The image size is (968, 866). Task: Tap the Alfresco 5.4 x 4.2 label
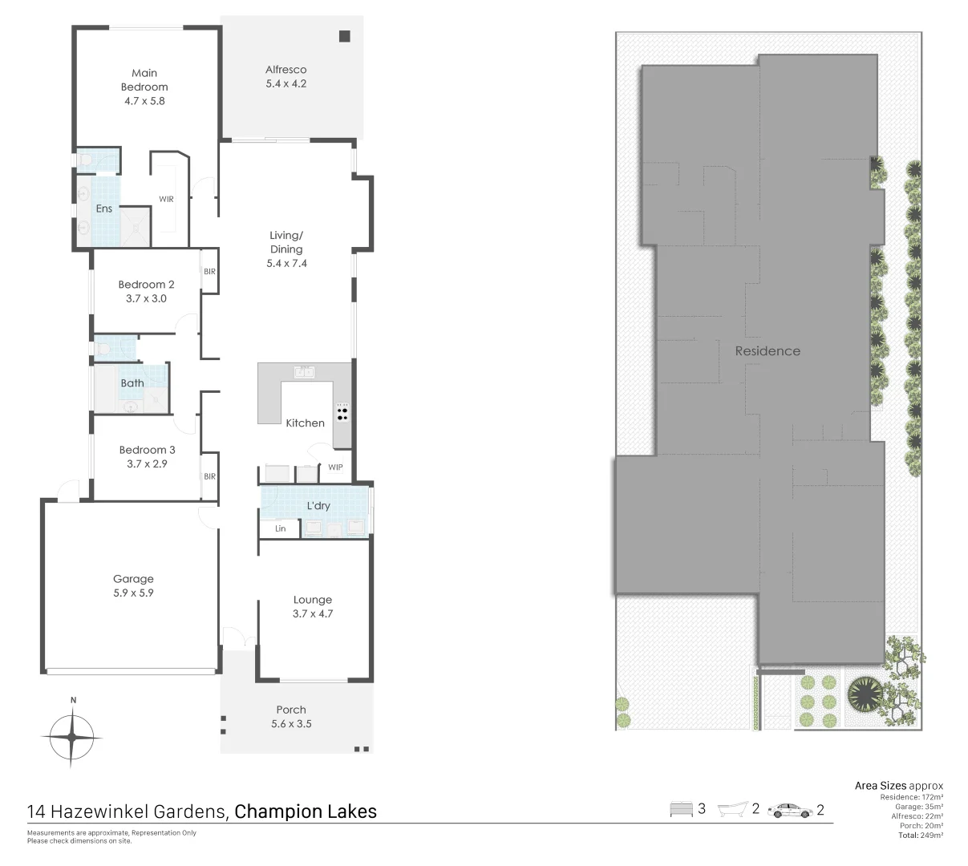(x=286, y=76)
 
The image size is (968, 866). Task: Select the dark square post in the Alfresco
(x=344, y=36)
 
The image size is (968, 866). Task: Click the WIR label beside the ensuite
(x=166, y=199)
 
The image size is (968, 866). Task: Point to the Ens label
(x=104, y=208)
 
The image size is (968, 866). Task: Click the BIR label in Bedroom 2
(x=209, y=272)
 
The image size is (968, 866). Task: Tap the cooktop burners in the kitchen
(x=342, y=412)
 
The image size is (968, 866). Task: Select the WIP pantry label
(x=335, y=467)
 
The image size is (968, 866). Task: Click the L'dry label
(x=318, y=506)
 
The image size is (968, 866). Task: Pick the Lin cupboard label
(x=281, y=528)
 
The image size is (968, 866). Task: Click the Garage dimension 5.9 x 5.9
(x=133, y=593)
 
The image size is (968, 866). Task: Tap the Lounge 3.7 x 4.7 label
(x=313, y=606)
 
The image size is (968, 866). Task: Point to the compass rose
(x=72, y=736)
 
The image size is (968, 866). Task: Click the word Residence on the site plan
(x=768, y=351)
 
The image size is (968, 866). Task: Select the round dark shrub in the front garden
(x=865, y=694)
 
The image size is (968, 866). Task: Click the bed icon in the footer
(x=680, y=809)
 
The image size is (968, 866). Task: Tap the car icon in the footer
(x=790, y=810)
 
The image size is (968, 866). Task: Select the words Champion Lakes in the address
(x=306, y=811)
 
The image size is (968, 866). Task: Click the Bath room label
(x=132, y=383)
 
